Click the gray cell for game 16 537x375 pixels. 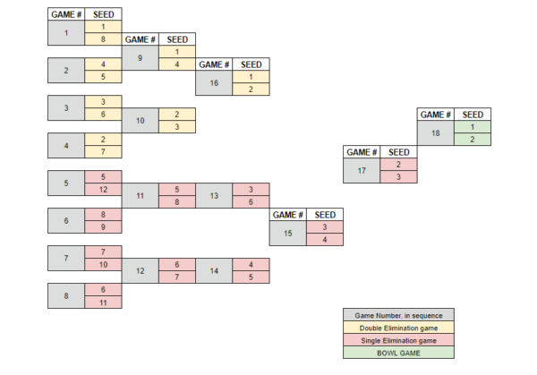[214, 83]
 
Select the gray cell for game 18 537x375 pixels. [436, 132]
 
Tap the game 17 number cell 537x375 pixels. [362, 171]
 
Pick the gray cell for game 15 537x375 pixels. [287, 234]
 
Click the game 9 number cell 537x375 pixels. [141, 58]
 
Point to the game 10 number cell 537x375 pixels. [141, 121]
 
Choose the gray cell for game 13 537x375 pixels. [214, 195]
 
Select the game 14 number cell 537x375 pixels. [214, 271]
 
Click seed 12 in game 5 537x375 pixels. [104, 190]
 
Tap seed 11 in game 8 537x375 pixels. [104, 303]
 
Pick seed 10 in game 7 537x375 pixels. [104, 265]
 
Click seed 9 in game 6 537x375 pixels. [104, 227]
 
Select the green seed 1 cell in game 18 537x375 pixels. [473, 127]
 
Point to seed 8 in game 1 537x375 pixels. [104, 39]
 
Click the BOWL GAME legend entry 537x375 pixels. [398, 354]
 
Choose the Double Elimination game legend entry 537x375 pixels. [398, 328]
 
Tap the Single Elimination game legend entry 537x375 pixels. [398, 340]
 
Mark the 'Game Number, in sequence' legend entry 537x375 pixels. [398, 315]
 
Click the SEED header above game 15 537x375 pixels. [325, 215]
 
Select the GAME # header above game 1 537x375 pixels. [66, 14]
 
